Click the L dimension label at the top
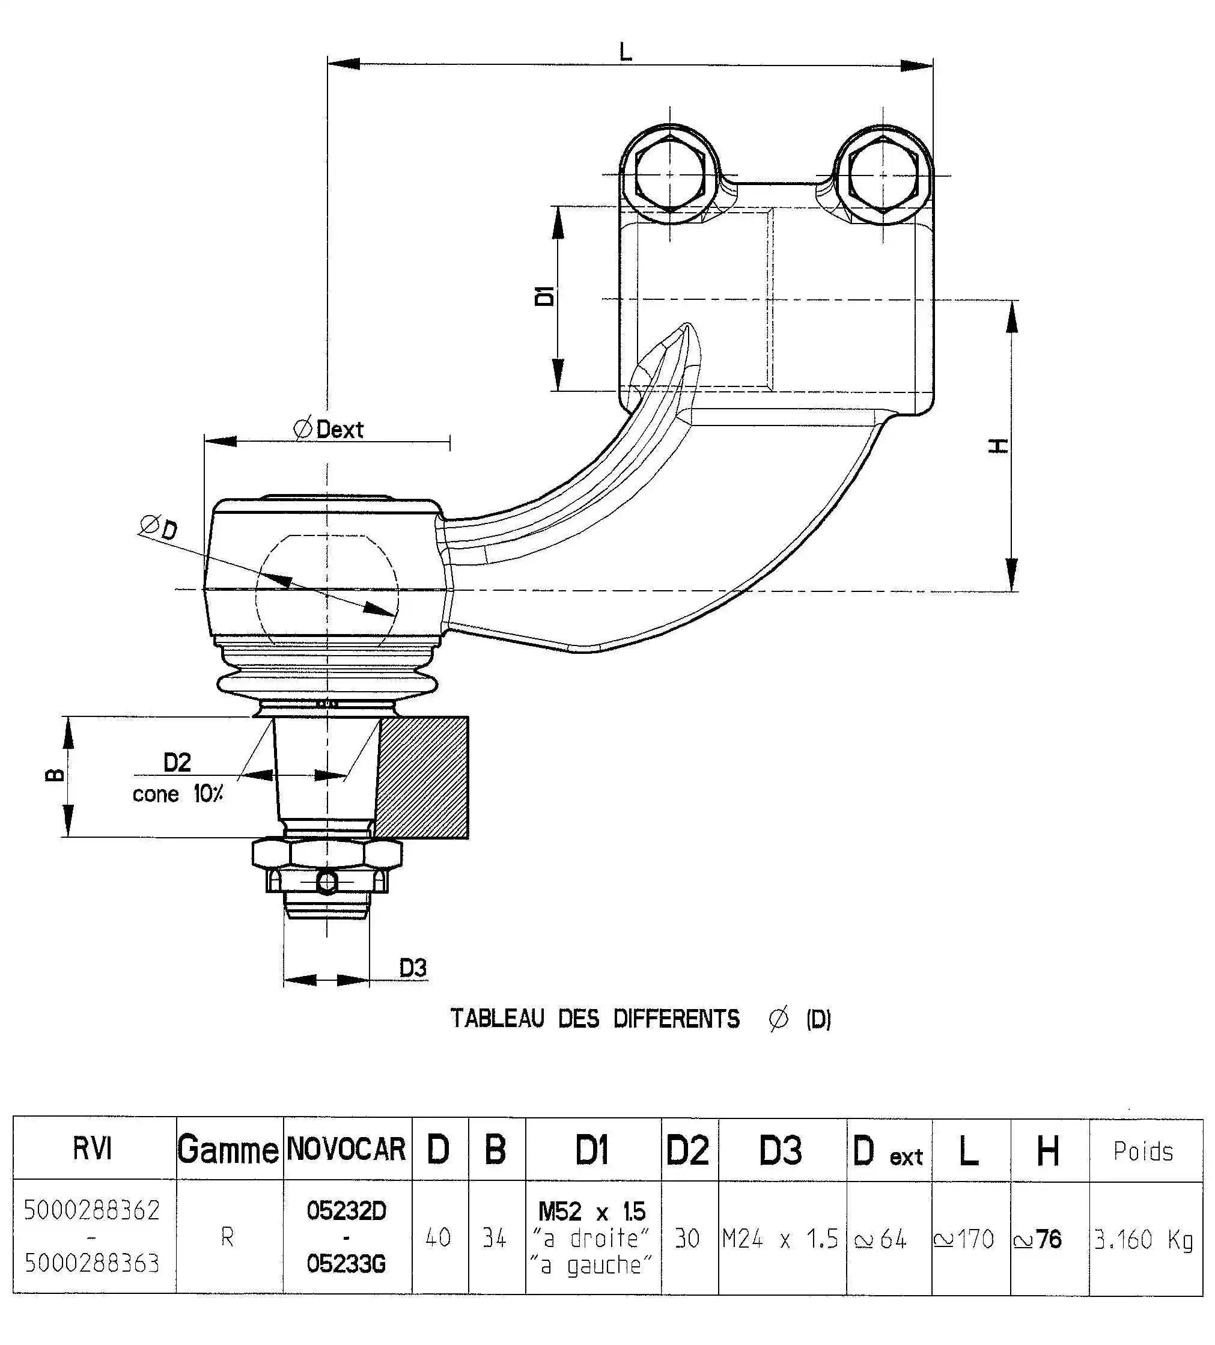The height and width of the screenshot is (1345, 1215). point(624,51)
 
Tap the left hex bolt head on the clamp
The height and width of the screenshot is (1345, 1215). point(669,174)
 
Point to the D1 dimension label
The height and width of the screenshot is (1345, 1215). point(544,296)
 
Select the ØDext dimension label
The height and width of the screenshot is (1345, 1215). point(328,429)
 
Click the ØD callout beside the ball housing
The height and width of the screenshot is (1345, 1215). point(159,527)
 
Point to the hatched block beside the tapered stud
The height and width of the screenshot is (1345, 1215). point(422,777)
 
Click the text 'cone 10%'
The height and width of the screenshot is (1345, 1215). point(177,794)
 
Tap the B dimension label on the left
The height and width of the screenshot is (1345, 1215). point(55,775)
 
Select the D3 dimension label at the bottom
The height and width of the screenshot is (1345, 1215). point(412,968)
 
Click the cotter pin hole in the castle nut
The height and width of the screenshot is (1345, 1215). point(327,883)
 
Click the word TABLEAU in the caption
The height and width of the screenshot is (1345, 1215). point(497,1019)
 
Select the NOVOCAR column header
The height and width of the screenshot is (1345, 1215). point(346,1150)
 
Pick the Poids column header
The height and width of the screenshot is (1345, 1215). point(1143,1151)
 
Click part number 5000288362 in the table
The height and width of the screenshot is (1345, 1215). point(92,1210)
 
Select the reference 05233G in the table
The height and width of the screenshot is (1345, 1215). point(346,1264)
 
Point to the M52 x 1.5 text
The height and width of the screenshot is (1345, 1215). point(592,1212)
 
